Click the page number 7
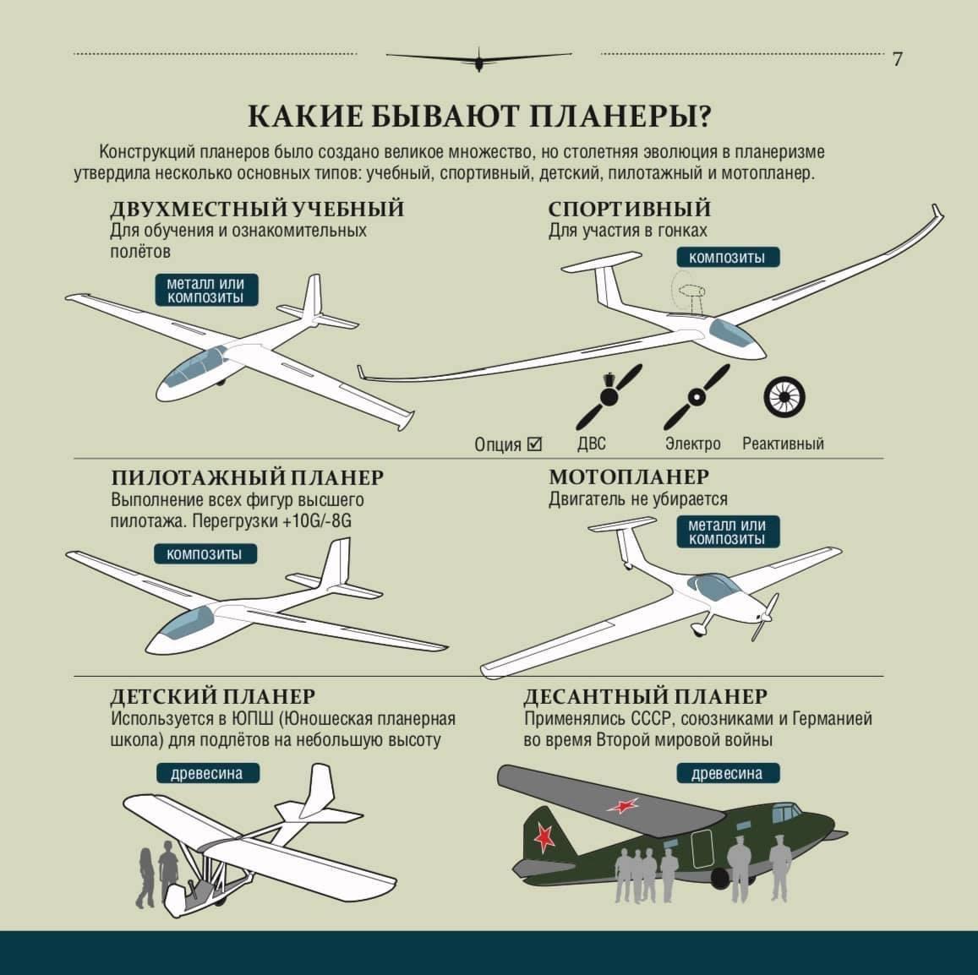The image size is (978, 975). [x=898, y=58]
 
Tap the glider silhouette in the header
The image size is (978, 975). [x=478, y=59]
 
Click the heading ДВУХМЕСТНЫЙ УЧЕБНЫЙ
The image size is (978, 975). [x=257, y=208]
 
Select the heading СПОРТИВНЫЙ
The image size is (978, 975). [x=630, y=208]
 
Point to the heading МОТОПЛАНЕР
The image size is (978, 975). [x=629, y=477]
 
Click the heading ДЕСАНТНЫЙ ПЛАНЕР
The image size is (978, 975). [x=646, y=695]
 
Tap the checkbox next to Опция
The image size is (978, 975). [x=534, y=444]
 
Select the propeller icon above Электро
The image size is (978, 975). [x=696, y=396]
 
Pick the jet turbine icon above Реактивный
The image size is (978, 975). [x=784, y=396]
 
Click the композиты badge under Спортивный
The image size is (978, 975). [x=728, y=258]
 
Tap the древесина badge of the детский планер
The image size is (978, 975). [x=208, y=774]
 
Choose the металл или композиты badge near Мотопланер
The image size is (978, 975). [x=728, y=531]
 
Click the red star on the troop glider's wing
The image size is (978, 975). [x=623, y=805]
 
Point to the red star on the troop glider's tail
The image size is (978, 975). [x=544, y=836]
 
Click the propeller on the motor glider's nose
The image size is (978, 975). [x=765, y=616]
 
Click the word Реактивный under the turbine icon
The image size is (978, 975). [x=783, y=444]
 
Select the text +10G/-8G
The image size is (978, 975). [x=317, y=520]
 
